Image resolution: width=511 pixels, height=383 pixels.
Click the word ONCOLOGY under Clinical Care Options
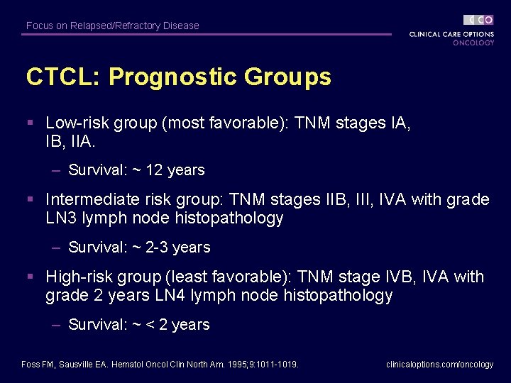tap(473, 43)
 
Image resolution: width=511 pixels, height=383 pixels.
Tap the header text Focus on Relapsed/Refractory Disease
tap(112, 26)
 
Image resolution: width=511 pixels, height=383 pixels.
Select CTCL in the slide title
tap(55, 77)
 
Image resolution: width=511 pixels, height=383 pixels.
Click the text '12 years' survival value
tap(175, 170)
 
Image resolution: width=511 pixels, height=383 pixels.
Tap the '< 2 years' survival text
tap(178, 325)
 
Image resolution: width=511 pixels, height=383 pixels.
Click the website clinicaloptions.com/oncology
tap(439, 365)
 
